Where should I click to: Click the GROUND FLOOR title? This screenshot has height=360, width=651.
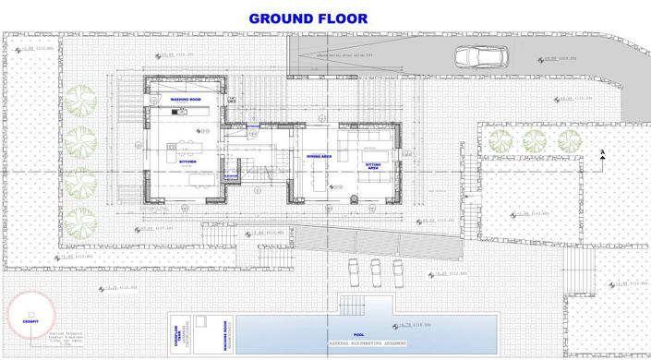[308, 18]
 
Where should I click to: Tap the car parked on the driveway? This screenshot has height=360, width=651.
[479, 57]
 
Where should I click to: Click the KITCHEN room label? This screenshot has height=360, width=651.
[188, 162]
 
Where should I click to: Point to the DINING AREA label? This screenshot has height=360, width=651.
[319, 157]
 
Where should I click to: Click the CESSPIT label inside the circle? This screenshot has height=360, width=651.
[30, 320]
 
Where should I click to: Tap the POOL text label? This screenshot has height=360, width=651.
[359, 336]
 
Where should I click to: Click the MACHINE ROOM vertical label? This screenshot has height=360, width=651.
[225, 332]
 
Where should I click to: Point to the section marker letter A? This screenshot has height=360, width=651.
[601, 152]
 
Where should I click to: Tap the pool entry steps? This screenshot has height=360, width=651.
[352, 304]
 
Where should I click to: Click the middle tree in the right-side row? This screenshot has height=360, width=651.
[535, 140]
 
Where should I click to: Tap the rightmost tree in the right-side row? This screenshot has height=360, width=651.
[568, 140]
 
